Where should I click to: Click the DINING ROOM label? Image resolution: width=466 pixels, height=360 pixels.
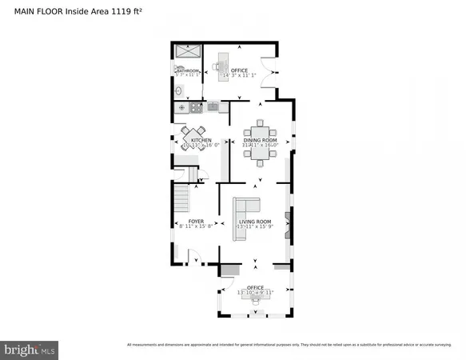[260, 141]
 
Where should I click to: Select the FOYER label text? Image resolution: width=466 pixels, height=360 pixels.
[197, 221]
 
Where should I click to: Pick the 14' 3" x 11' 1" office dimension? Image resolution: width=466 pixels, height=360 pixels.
[240, 76]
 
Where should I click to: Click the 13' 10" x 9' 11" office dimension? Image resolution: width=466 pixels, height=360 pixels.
[255, 293]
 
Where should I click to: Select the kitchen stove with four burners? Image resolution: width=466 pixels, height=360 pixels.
[183, 106]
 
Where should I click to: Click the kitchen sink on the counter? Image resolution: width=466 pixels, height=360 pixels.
[213, 106]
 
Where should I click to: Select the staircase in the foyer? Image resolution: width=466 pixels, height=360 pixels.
[185, 195]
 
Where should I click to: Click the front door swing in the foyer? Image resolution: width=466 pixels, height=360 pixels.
[192, 258]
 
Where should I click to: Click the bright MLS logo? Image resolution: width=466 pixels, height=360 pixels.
[30, 349]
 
